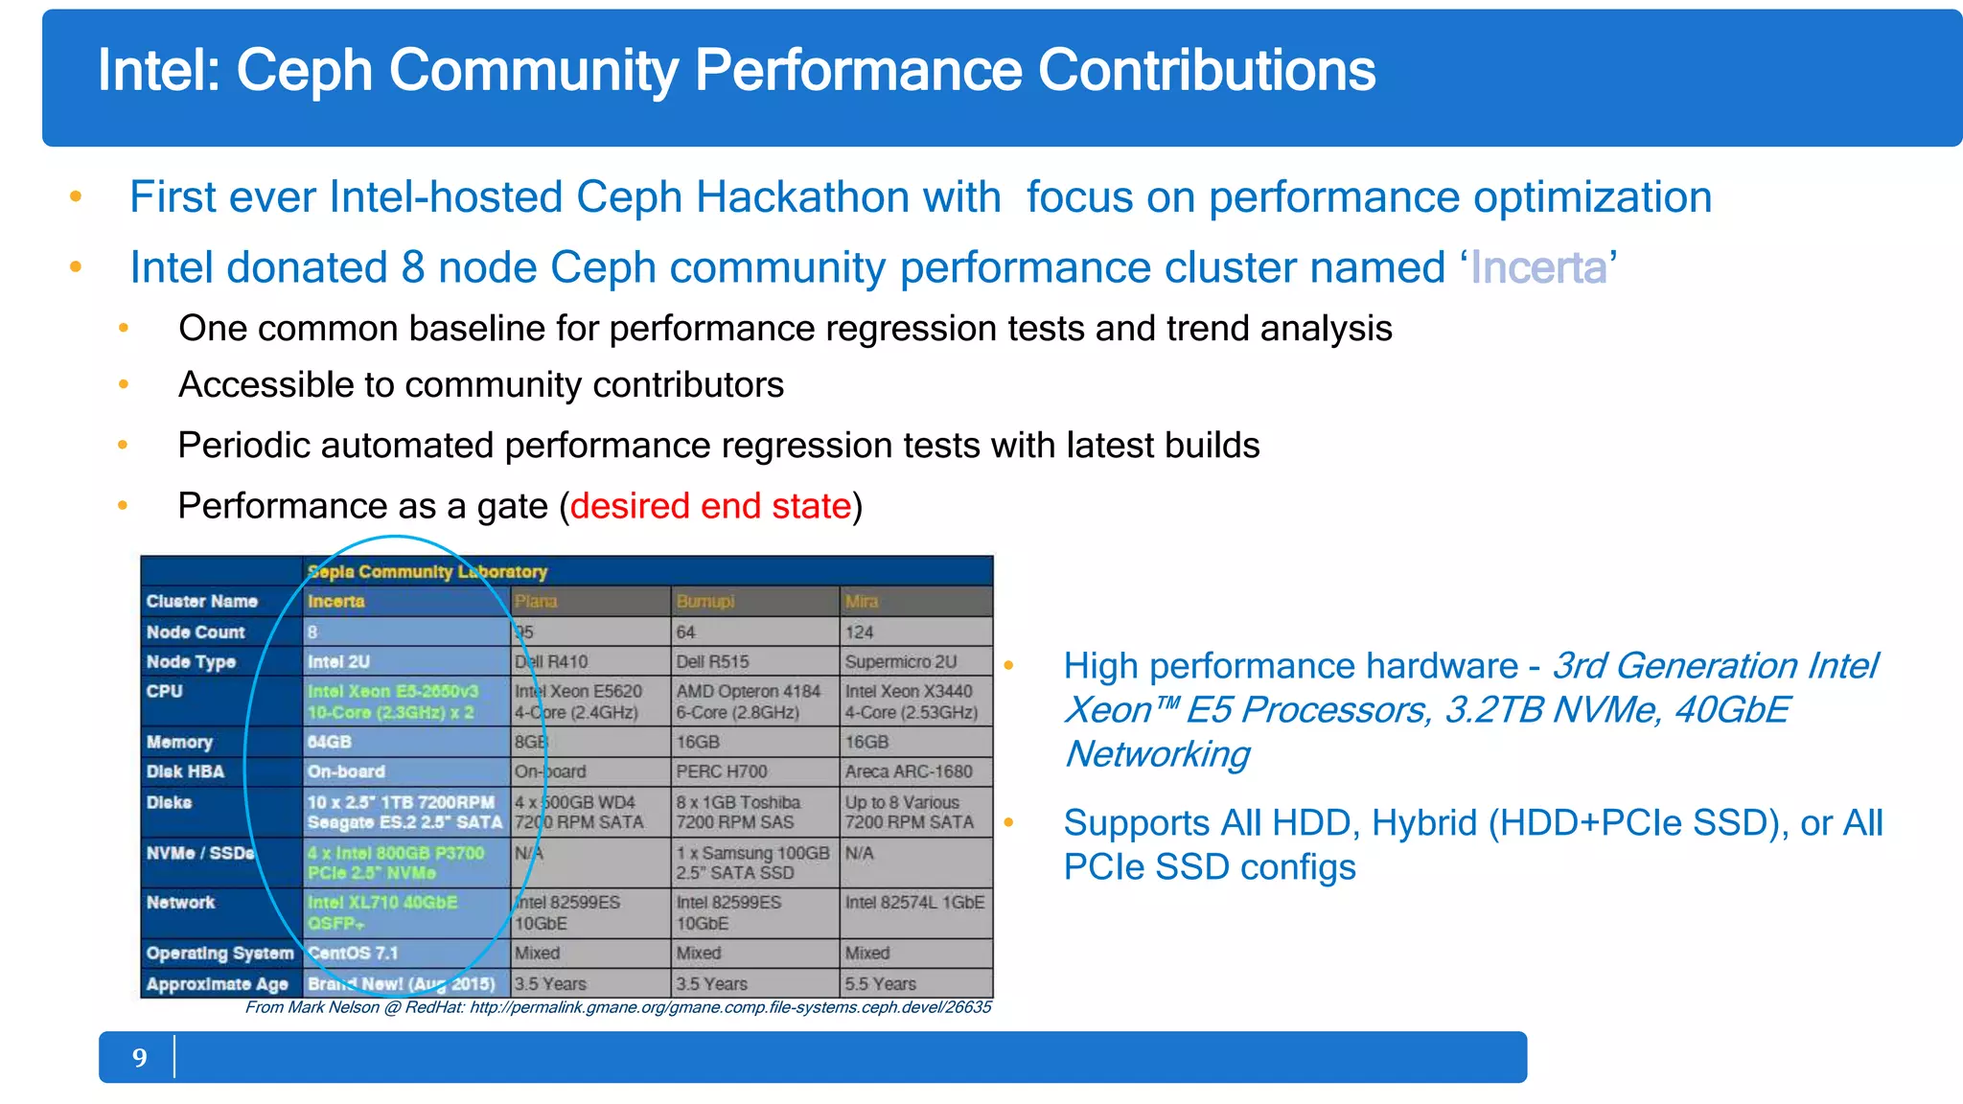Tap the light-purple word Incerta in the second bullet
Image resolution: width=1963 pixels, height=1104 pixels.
1537,267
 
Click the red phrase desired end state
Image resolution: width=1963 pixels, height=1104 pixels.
710,506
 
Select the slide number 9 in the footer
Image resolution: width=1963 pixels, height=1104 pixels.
140,1058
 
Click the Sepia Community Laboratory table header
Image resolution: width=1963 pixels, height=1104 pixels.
427,572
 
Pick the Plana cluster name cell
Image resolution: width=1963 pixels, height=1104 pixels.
536,602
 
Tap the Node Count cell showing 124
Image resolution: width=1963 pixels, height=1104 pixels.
860,632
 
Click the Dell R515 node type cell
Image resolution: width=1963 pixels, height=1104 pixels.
712,662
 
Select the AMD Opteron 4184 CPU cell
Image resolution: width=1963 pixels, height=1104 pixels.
749,701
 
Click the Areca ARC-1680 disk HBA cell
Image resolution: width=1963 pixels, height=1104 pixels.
908,771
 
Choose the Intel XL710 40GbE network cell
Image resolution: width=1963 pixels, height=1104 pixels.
382,912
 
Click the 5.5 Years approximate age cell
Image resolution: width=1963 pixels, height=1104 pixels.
880,984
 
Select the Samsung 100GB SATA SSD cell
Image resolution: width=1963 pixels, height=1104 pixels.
752,862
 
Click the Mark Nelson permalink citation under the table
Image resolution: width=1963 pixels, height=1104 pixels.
617,1007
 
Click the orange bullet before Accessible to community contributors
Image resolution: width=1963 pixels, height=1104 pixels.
124,385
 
